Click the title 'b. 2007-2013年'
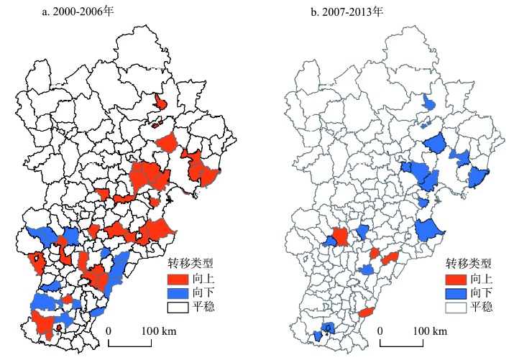click(x=342, y=11)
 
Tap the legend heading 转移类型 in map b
click(x=469, y=263)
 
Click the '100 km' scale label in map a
click(x=160, y=331)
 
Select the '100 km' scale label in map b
click(x=431, y=331)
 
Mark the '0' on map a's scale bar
click(x=109, y=331)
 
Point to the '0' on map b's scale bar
click(x=380, y=331)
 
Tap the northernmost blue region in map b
click(x=428, y=103)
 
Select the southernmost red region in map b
click(x=367, y=313)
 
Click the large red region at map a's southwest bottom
click(x=47, y=324)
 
